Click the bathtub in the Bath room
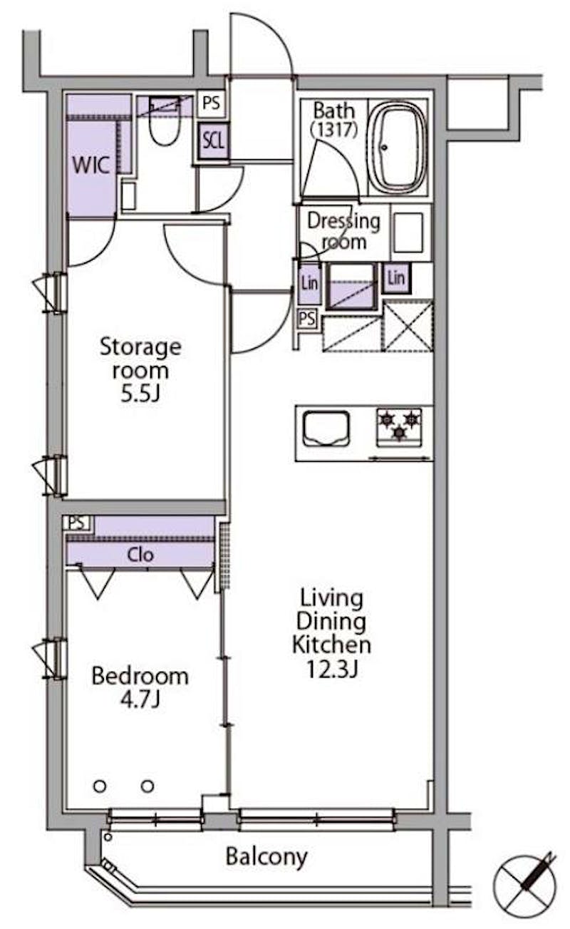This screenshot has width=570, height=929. [397, 146]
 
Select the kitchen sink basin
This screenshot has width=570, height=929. [326, 428]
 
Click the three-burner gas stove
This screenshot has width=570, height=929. [399, 428]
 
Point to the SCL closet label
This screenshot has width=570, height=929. [213, 141]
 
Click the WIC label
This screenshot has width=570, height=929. [91, 165]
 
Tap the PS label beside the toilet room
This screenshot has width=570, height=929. [212, 103]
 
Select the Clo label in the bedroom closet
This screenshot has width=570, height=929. [140, 555]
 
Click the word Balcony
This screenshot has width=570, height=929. [266, 857]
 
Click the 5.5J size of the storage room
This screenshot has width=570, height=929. [140, 393]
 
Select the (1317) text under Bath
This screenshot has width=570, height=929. [334, 129]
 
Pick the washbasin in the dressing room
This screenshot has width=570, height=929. [408, 232]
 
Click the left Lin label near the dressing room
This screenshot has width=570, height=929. [310, 283]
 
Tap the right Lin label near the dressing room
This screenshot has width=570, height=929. [396, 277]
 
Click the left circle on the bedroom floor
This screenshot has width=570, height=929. [100, 786]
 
